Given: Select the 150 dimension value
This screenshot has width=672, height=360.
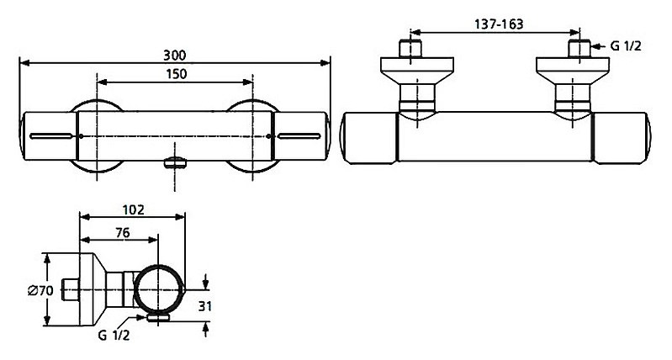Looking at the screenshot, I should point(175,73).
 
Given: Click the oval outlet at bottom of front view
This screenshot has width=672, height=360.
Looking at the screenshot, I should point(175,162).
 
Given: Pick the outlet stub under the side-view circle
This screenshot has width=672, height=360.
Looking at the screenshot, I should point(156,318).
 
